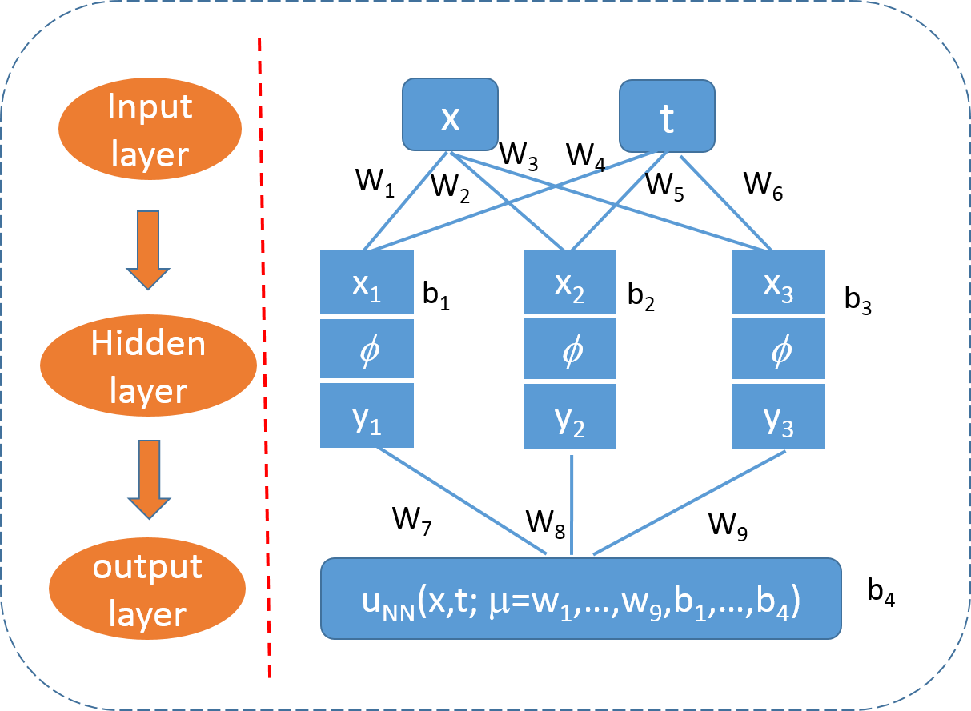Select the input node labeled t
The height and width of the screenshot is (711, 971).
(x=667, y=116)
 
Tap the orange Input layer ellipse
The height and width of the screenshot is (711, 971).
(x=150, y=129)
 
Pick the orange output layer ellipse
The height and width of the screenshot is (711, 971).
(x=147, y=589)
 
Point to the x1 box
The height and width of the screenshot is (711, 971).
(x=367, y=282)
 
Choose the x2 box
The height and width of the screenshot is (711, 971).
(x=570, y=282)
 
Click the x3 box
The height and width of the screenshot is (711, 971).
(x=778, y=282)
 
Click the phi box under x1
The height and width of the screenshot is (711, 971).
(x=367, y=349)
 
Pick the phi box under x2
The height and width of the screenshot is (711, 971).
(x=570, y=349)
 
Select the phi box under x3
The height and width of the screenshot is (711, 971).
(x=778, y=349)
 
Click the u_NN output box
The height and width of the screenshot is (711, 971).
(x=580, y=598)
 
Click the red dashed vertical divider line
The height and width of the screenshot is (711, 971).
(x=265, y=360)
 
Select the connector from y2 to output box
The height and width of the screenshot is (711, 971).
(x=572, y=504)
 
